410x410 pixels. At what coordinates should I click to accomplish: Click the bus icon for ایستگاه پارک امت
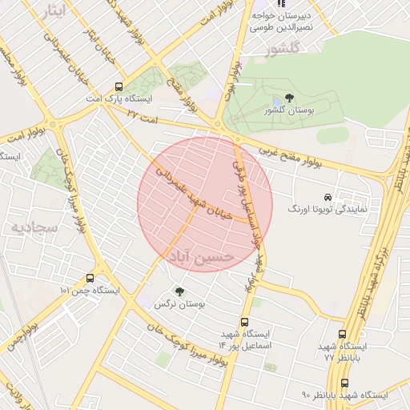(x=119, y=86)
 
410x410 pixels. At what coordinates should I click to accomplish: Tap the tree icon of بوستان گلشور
(x=289, y=98)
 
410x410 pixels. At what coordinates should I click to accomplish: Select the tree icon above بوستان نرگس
(x=179, y=292)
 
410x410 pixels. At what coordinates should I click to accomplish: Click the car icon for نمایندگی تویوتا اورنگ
(x=328, y=196)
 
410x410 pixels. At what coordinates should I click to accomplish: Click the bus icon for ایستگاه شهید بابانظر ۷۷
(x=343, y=335)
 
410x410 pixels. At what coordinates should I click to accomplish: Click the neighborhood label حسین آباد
(x=200, y=255)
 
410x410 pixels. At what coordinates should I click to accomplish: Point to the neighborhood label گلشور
(x=286, y=50)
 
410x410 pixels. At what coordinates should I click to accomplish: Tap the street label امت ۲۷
(x=144, y=116)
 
